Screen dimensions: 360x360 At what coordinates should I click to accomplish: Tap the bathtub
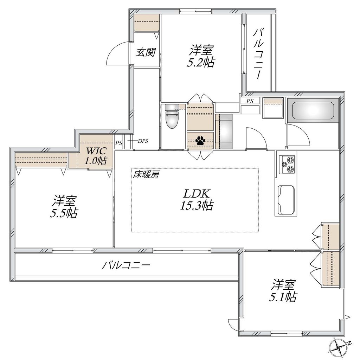313,111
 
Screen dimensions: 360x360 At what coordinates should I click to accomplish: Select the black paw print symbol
200,141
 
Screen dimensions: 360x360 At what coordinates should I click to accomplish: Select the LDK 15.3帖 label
197,199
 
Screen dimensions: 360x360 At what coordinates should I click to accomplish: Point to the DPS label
143,141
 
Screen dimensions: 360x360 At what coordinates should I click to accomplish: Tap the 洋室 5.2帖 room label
201,57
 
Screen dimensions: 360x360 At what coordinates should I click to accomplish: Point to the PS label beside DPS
118,143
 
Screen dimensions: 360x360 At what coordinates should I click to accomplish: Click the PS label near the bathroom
250,101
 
